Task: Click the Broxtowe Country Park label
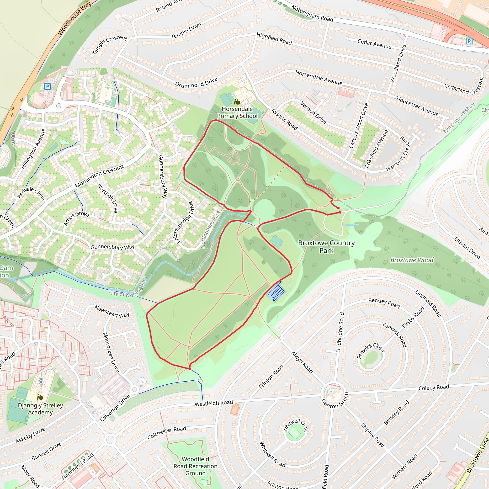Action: pos(326,246)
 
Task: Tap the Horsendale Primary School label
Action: pos(237,112)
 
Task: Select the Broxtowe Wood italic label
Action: pos(412,260)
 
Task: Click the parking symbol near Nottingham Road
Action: pos(469,41)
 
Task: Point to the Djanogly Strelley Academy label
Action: pos(40,409)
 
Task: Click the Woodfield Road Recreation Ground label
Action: pos(195,466)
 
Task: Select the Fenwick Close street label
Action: pos(370,351)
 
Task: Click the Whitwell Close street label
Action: pos(295,425)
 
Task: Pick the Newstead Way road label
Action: pos(112,311)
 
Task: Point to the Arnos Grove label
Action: pos(76,218)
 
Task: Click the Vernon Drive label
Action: pos(313,112)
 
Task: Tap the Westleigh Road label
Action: pos(214,403)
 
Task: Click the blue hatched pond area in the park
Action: pos(276,292)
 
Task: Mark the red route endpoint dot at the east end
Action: pos(340,212)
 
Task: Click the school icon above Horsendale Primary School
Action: pos(237,102)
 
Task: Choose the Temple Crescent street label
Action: pos(109,45)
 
